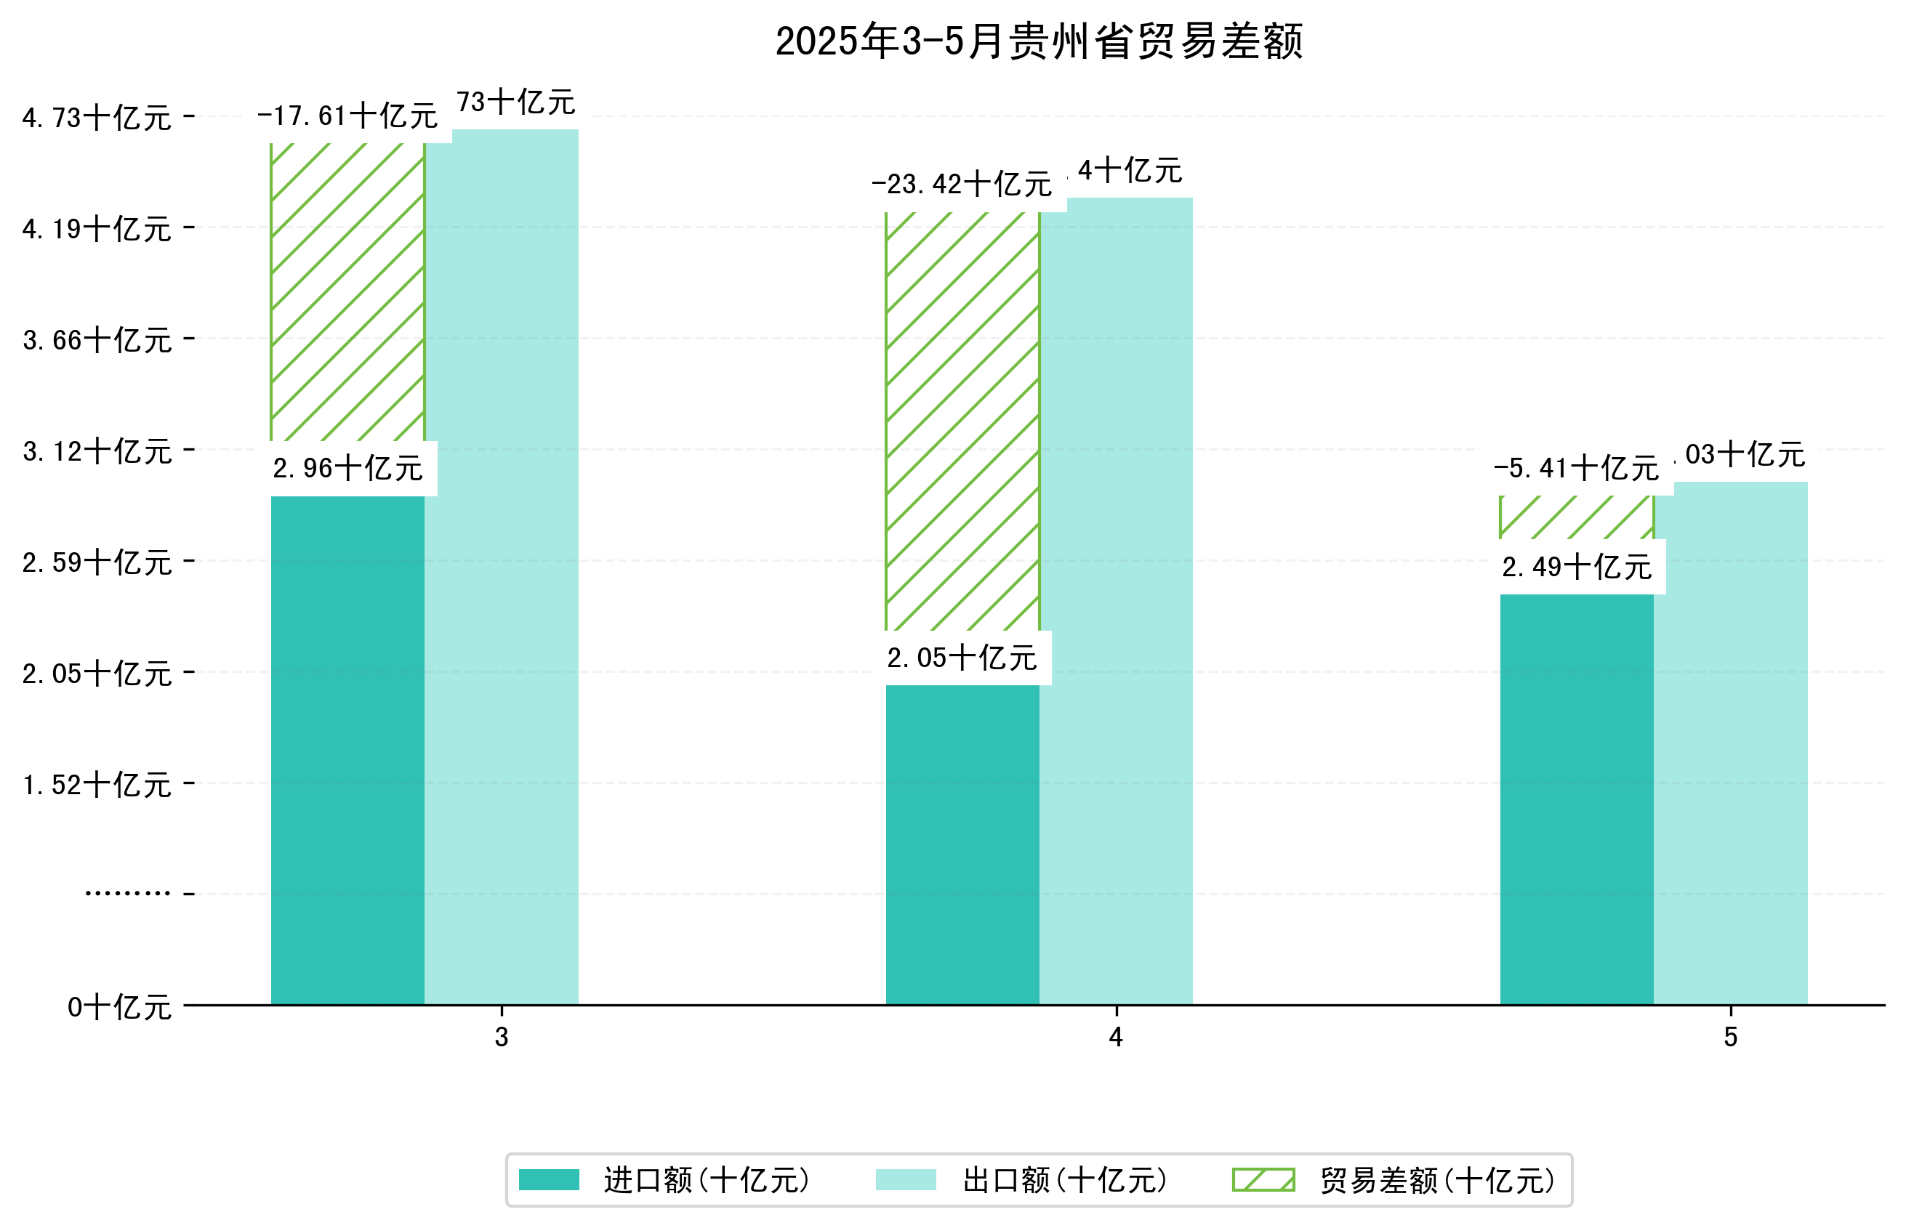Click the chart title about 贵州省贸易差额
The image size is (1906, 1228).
pos(1038,41)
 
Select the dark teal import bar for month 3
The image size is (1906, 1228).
pos(347,750)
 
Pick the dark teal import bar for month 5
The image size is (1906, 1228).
pos(1576,797)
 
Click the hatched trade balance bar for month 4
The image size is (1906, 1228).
pos(962,423)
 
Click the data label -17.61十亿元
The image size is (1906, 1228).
pos(347,116)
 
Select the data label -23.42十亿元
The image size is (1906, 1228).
pos(962,185)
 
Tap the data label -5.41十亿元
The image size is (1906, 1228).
pos(1576,469)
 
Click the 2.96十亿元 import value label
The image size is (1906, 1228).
pos(347,469)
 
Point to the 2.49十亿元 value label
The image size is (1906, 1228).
pos(1576,567)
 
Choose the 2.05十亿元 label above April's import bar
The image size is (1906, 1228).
pos(962,658)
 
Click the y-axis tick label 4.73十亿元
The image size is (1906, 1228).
pos(97,118)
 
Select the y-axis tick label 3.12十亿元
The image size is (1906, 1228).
pos(97,451)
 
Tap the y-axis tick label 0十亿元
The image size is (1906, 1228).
pos(118,1007)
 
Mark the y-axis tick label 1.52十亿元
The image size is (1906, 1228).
pos(97,785)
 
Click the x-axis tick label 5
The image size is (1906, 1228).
pos(1730,1038)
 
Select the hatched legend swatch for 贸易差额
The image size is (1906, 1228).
pos(1263,1180)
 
